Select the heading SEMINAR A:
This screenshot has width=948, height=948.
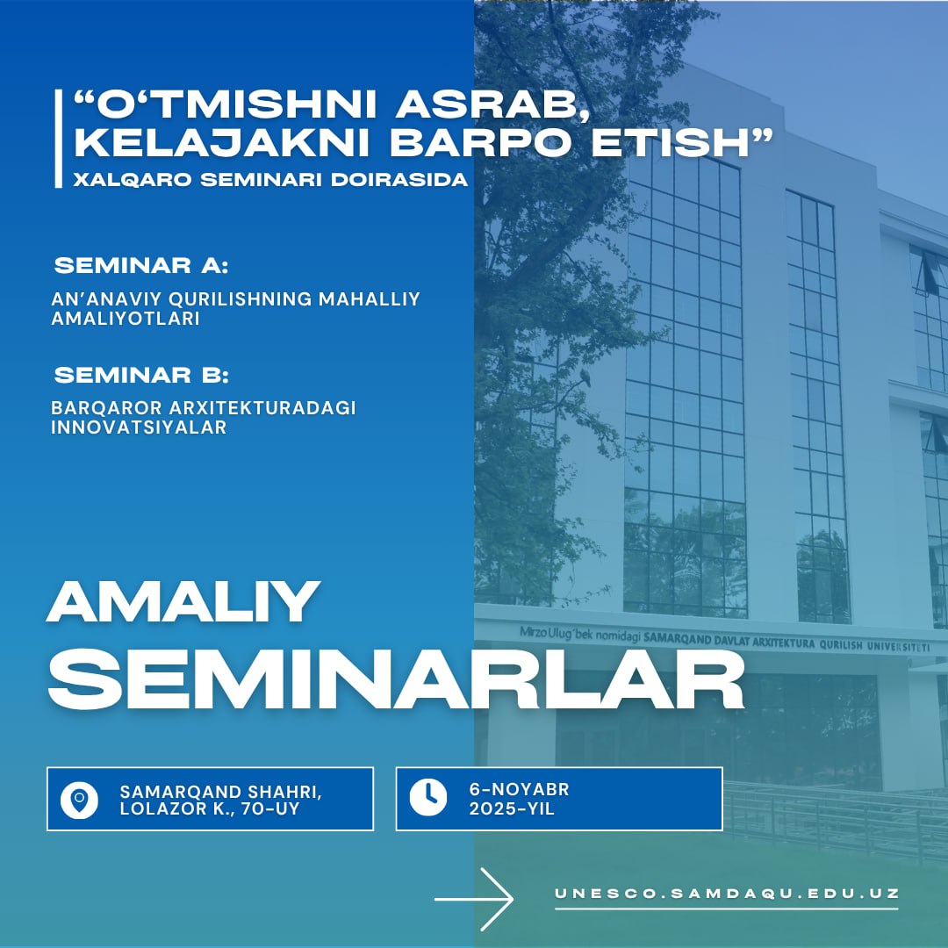pyautogui.click(x=141, y=265)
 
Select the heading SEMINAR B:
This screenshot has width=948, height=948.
pyautogui.click(x=141, y=375)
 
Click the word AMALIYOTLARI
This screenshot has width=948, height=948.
pyautogui.click(x=126, y=319)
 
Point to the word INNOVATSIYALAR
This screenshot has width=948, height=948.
pyautogui.click(x=139, y=427)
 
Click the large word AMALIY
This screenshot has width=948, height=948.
pyautogui.click(x=183, y=601)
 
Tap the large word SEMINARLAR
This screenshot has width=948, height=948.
pyautogui.click(x=395, y=679)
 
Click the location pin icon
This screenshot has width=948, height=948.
pyautogui.click(x=79, y=800)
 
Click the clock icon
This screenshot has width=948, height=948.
pyautogui.click(x=428, y=797)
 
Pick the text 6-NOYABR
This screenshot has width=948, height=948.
pyautogui.click(x=520, y=789)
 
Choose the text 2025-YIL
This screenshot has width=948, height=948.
pyautogui.click(x=512, y=808)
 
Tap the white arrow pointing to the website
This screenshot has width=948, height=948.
pyautogui.click(x=474, y=899)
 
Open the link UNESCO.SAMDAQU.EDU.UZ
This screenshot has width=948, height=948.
pyautogui.click(x=727, y=893)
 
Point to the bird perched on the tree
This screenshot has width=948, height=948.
pyautogui.click(x=585, y=377)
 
